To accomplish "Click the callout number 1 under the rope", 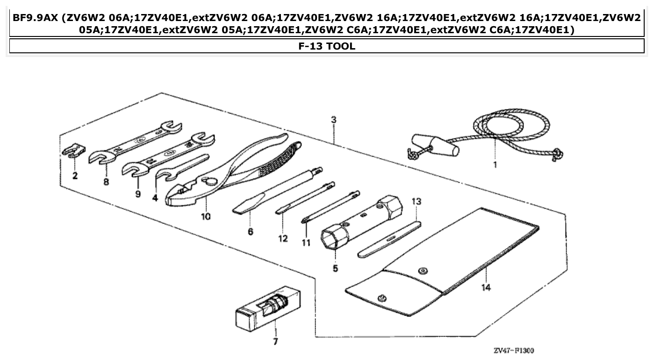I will point(495,165).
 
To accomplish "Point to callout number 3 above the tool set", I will point(333,120).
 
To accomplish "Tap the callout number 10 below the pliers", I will point(206,216).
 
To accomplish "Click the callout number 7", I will point(275,341).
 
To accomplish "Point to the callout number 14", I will point(486,288).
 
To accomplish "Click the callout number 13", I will point(416,202).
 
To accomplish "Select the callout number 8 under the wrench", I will point(106,182).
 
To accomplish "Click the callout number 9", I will point(138,194).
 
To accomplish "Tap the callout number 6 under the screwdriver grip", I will point(251,231).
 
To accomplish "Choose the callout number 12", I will point(282,238).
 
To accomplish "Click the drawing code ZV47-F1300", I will point(514,351).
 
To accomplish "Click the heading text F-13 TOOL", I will point(327,46).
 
